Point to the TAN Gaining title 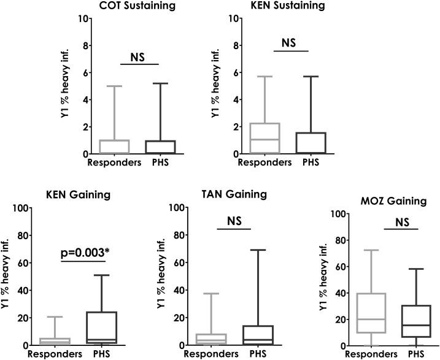(x=234, y=194)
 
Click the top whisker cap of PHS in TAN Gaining (x=251, y=250)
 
